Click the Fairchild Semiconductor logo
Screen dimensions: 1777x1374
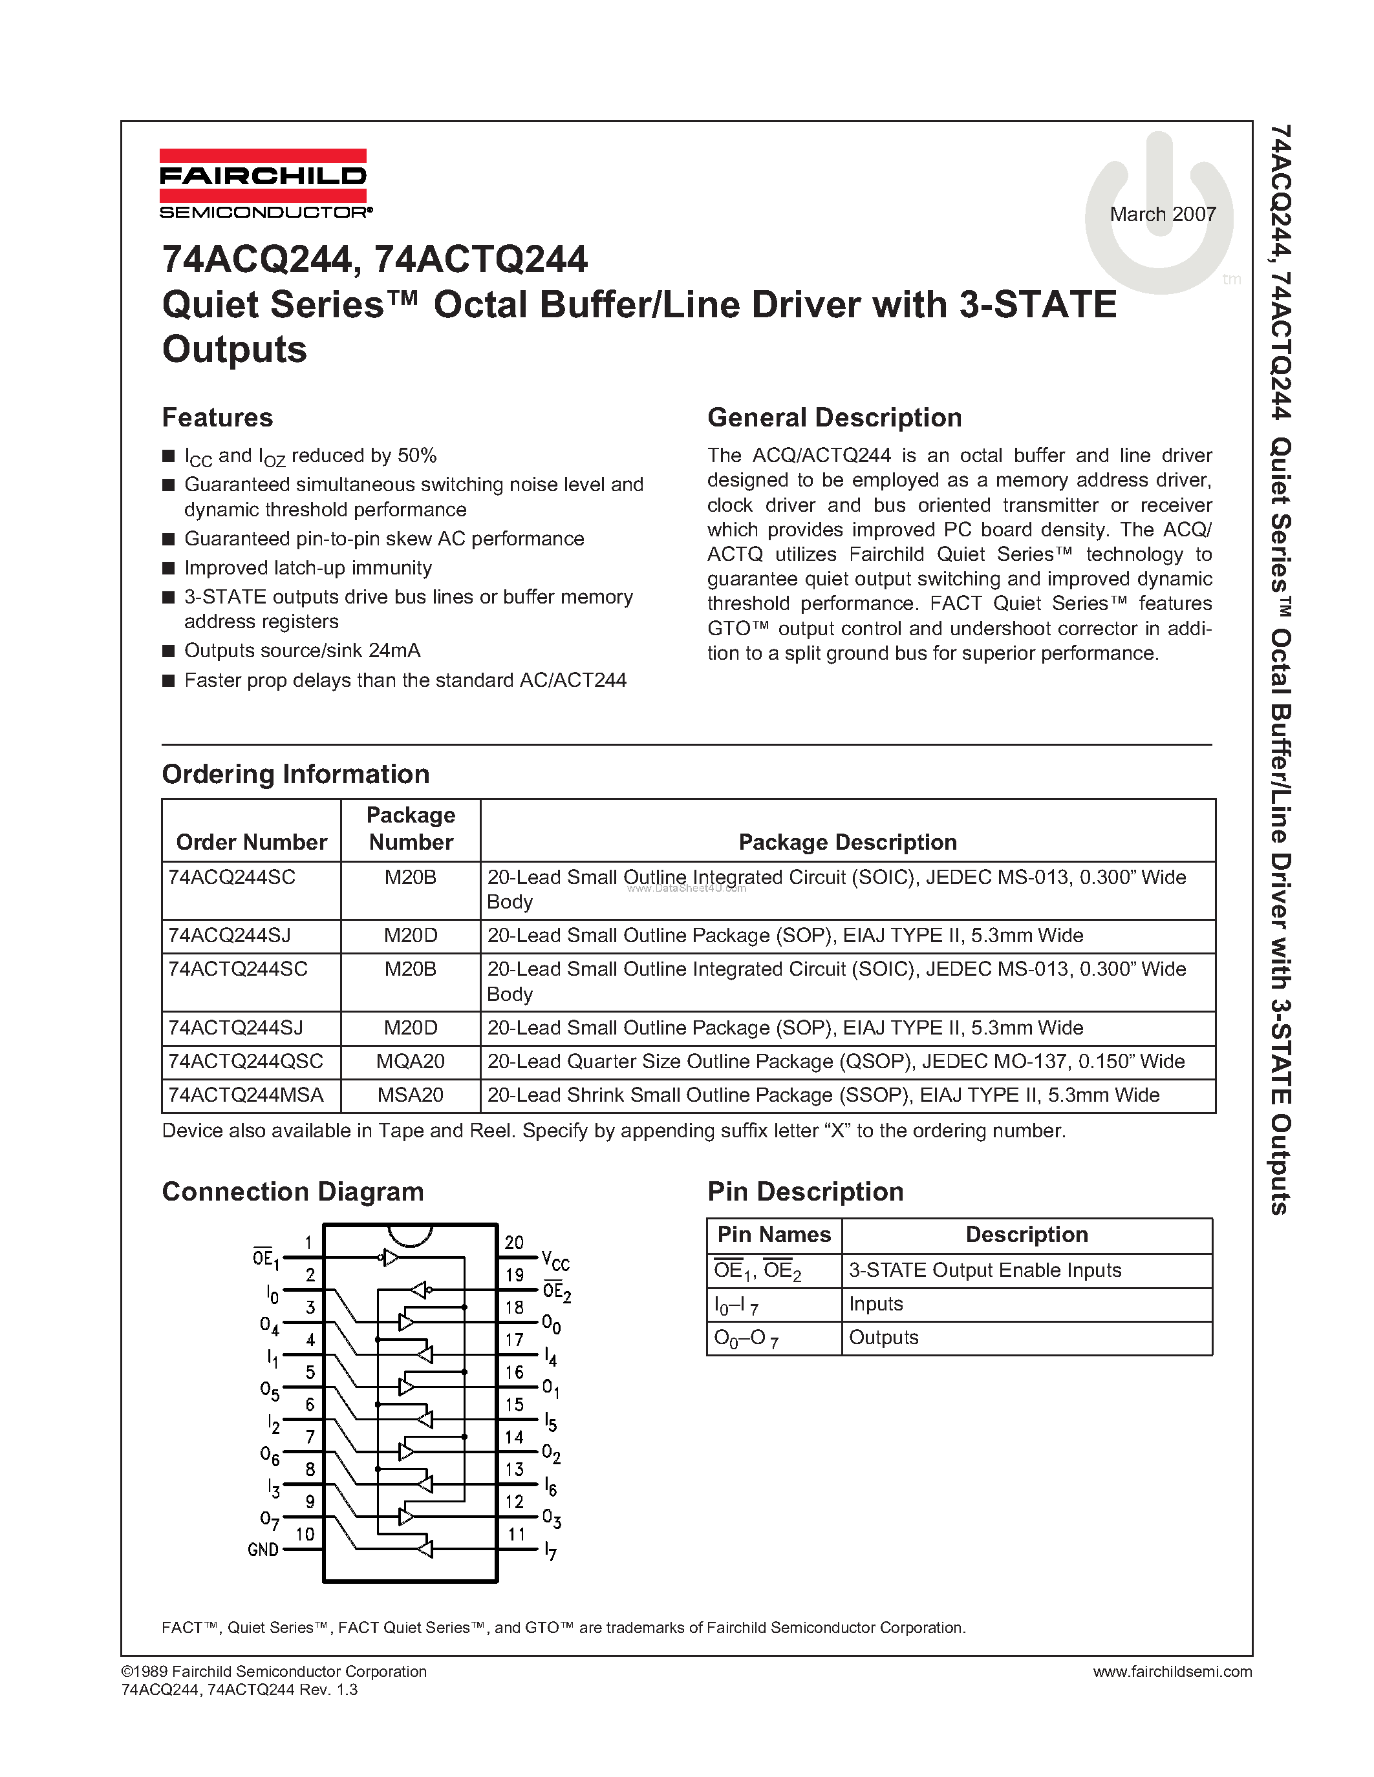pos(263,184)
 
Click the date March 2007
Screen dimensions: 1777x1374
pos(1163,214)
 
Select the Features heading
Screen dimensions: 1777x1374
pos(217,417)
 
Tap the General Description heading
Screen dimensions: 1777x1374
pos(834,417)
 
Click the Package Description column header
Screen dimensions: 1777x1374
pos(848,842)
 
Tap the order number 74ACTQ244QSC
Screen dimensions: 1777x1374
pos(245,1061)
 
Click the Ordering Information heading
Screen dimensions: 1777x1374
pos(295,773)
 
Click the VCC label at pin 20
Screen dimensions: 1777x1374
pos(555,1262)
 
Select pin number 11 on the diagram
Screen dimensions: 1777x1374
pos(516,1535)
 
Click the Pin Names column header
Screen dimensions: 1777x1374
pos(773,1234)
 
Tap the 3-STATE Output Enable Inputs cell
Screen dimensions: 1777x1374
pos(985,1270)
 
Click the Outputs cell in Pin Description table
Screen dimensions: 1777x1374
pos(883,1338)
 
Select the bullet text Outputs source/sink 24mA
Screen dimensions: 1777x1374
pos(302,650)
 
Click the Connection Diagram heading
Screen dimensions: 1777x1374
pos(292,1192)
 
